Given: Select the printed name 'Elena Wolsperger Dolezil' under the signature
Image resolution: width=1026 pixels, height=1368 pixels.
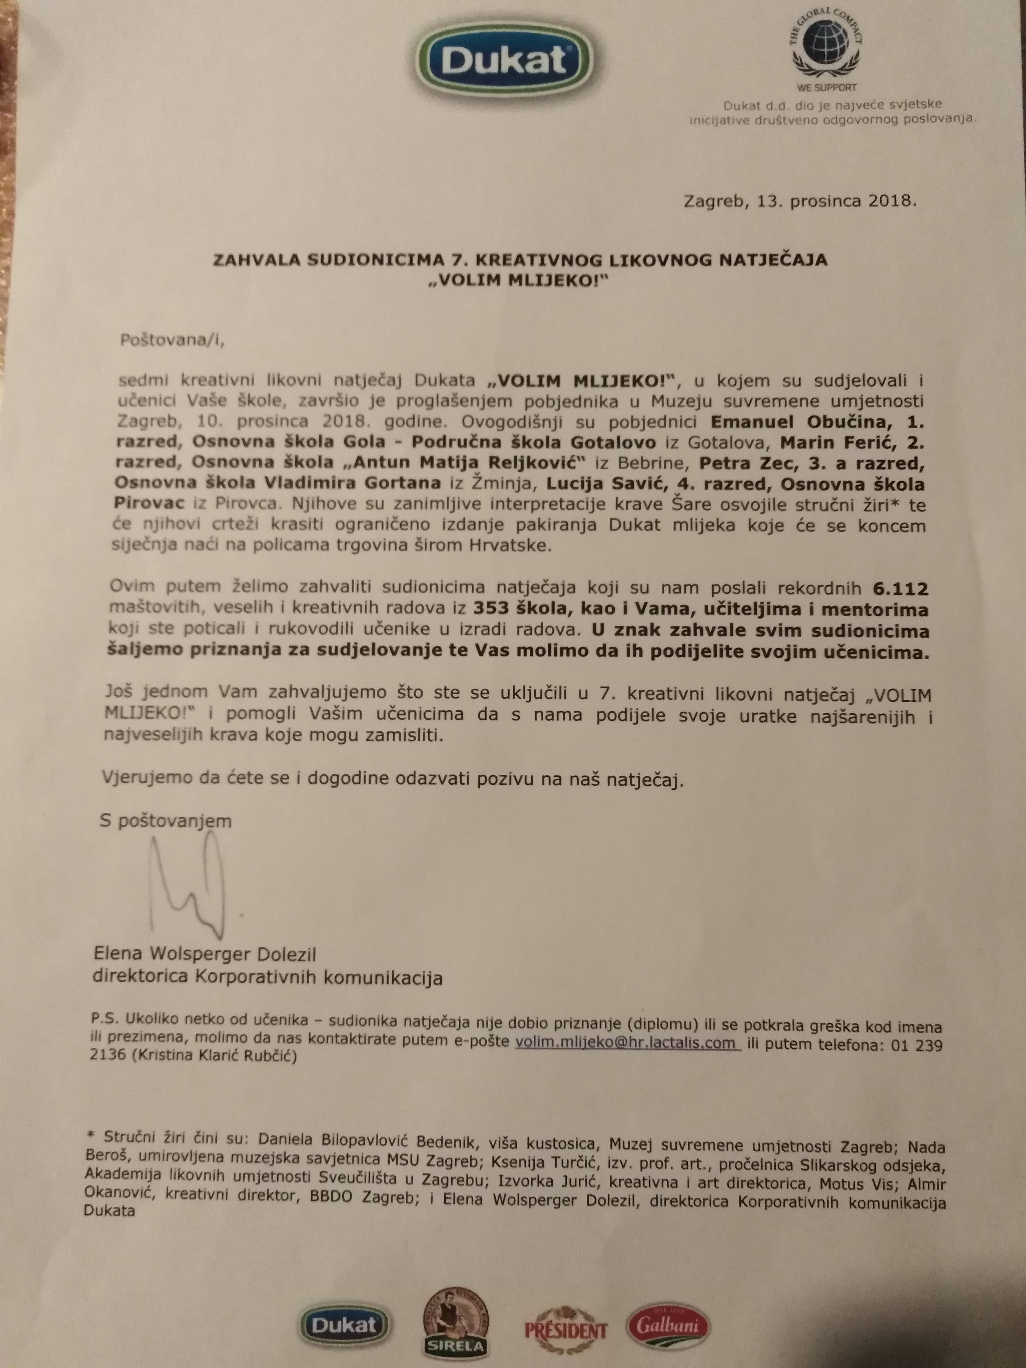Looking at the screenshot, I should pos(205,954).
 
